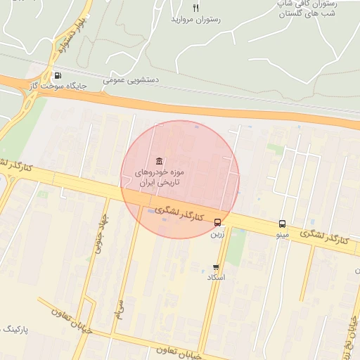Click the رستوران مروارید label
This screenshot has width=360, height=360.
195,20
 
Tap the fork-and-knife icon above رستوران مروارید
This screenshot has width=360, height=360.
195,8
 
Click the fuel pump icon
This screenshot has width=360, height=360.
57,76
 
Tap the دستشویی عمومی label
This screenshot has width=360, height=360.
131,80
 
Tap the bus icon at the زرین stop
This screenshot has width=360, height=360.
217,224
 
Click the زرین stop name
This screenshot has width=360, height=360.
217,234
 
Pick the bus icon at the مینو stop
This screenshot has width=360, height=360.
282,224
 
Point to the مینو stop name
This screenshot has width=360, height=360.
282,234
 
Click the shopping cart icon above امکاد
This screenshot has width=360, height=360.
215,267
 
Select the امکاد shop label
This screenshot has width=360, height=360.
215,278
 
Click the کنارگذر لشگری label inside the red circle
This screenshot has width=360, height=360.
179,213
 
